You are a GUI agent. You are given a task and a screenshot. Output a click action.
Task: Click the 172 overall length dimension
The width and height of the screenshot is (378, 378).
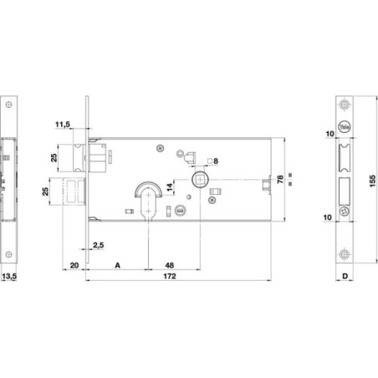170,276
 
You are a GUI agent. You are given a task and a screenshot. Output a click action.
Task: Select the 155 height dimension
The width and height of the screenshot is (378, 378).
372,181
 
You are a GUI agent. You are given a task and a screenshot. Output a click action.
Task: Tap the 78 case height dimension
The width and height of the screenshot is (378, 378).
280,179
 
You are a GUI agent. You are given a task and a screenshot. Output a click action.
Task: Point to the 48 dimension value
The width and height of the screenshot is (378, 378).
170,265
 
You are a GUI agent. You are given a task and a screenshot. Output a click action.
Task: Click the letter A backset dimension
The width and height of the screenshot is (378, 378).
118,265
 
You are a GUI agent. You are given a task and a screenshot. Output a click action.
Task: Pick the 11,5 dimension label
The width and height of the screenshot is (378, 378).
63,125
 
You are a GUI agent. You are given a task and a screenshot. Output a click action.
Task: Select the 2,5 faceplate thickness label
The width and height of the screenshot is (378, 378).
98,245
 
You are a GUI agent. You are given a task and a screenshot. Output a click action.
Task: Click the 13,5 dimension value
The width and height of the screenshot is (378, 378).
9,276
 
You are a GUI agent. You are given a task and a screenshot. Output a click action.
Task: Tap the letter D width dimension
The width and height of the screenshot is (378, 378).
345,276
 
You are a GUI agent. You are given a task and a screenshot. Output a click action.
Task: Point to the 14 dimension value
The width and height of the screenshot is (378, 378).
170,187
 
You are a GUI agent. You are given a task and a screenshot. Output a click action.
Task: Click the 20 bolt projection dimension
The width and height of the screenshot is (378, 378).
74,265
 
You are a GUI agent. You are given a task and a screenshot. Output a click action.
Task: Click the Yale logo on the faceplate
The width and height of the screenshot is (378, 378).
345,127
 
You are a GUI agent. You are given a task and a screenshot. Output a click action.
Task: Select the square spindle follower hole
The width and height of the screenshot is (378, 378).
200,180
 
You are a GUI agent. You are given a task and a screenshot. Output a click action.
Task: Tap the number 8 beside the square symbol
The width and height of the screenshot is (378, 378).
216,161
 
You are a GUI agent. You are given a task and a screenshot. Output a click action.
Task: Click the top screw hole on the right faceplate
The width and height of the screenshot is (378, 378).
345,105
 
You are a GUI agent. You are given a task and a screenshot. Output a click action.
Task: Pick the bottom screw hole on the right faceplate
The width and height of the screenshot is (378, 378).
345,254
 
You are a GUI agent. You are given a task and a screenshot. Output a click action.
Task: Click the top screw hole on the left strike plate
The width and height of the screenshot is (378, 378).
9,105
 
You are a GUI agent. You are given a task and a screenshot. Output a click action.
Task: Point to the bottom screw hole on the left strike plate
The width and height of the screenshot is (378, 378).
9,254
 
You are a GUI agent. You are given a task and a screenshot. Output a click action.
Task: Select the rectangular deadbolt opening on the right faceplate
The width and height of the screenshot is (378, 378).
345,191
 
